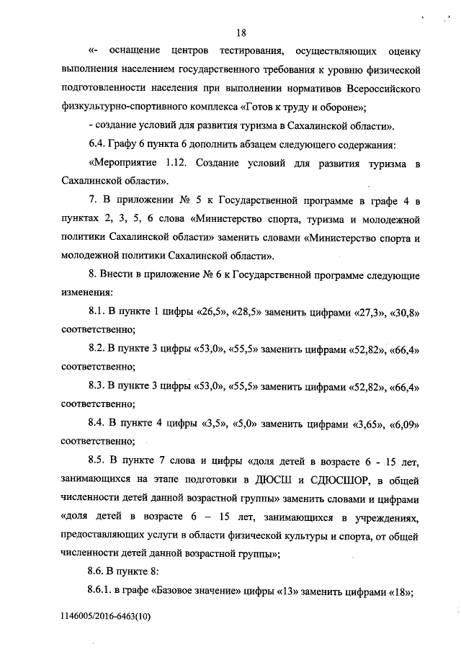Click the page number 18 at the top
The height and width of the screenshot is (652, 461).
(241, 32)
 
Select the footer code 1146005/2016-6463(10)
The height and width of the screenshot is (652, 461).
(107, 617)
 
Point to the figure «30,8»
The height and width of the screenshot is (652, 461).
(405, 312)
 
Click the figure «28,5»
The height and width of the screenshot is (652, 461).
(247, 312)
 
